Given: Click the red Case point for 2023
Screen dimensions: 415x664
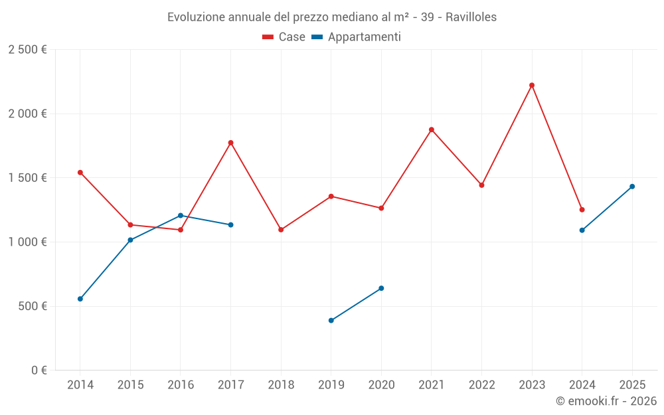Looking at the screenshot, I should coord(532,85).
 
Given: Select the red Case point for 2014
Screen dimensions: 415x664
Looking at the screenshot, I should coord(80,173).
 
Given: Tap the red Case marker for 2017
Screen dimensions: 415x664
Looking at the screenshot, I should coord(231,143).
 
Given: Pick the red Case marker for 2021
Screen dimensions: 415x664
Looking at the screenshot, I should coord(432,129).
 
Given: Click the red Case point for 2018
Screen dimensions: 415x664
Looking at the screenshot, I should coord(281,230).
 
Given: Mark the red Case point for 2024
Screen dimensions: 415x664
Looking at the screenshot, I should coord(582,210).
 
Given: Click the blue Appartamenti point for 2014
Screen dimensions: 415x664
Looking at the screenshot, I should coord(80,299).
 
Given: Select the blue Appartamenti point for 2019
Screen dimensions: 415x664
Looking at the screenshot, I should coord(331,321).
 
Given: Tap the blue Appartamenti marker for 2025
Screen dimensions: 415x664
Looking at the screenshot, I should coord(632,187).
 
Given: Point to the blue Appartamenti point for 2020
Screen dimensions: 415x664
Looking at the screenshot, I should coord(381,288).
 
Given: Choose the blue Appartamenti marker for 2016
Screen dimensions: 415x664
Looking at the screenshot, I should coord(181,215).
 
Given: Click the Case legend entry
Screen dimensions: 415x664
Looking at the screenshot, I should coord(284,37).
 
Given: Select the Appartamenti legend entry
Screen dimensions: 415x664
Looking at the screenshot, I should coord(357,37).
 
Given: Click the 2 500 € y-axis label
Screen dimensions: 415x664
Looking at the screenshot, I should coord(27,50).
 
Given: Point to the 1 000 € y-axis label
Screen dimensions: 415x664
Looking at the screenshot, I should coord(27,242).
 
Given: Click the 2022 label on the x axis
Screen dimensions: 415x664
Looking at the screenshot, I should coord(481,384).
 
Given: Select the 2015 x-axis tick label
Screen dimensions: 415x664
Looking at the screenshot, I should coord(130,384).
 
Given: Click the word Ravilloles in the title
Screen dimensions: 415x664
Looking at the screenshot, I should coord(471,17).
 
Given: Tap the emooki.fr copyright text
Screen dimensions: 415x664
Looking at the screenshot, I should coord(606,401).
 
